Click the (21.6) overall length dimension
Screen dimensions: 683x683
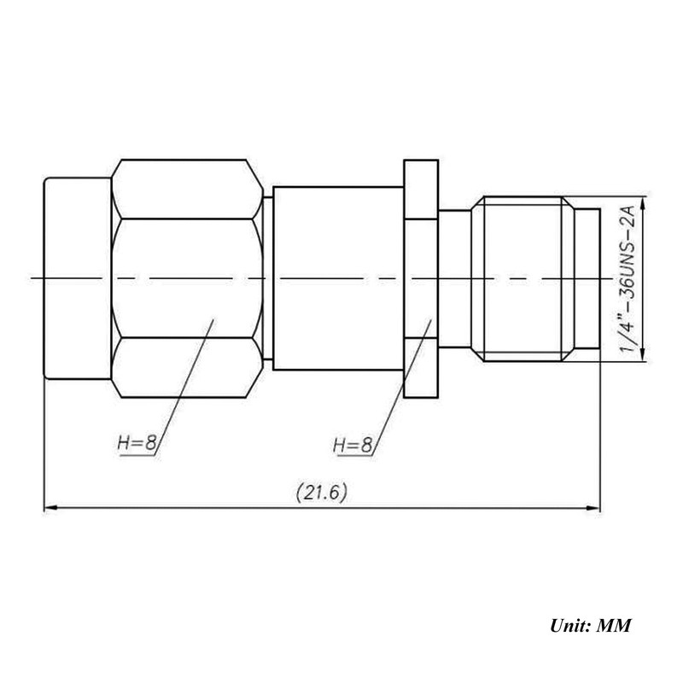click(x=322, y=493)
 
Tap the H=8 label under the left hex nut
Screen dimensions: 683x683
click(x=137, y=443)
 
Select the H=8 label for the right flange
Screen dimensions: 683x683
click(x=353, y=445)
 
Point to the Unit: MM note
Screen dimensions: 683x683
click(x=590, y=626)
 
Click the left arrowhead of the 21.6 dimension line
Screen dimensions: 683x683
click(x=50, y=508)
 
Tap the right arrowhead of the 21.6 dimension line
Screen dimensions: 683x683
click(x=593, y=508)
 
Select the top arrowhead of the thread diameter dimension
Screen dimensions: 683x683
click(x=645, y=204)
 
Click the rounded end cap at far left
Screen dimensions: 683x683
click(x=78, y=278)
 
